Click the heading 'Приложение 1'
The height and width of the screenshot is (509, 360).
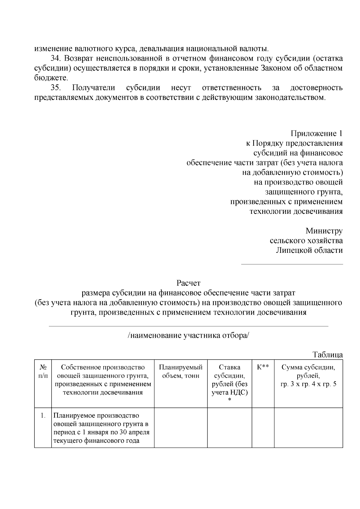[316, 133]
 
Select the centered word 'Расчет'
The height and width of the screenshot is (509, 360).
[188, 283]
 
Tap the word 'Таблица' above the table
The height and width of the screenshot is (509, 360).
[328, 355]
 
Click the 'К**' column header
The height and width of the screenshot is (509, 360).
[263, 367]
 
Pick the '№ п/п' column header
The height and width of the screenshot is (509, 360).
[43, 371]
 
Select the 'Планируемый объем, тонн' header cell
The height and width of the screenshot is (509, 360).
[181, 371]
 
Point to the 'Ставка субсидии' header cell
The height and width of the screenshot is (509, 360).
[229, 380]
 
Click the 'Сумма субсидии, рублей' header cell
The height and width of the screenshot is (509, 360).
[308, 376]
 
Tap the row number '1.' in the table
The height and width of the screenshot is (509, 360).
[43, 416]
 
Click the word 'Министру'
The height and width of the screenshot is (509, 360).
[324, 231]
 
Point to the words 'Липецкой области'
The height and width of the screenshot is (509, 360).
[309, 250]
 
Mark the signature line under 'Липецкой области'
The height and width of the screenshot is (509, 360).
[292, 264]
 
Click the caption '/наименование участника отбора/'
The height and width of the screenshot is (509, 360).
[188, 335]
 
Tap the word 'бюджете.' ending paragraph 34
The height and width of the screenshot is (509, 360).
[51, 78]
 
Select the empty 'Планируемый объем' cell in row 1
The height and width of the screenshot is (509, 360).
[181, 428]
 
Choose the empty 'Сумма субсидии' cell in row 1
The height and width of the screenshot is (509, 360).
[308, 428]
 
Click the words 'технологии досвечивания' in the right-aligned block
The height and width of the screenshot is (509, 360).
[296, 211]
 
